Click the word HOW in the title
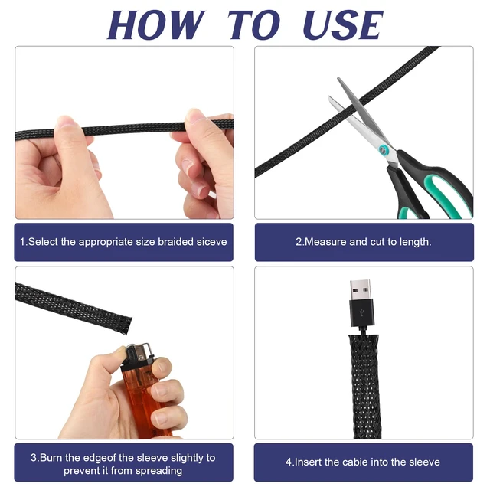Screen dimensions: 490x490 point(156,25)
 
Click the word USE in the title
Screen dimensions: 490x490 point(343,25)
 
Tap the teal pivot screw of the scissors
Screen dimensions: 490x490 point(383,150)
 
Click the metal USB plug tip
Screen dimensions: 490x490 point(361,289)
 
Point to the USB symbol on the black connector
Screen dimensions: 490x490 point(361,313)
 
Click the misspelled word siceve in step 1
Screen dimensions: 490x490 point(211,242)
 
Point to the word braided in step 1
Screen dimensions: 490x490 point(175,242)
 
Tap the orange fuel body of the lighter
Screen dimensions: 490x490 point(146,400)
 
